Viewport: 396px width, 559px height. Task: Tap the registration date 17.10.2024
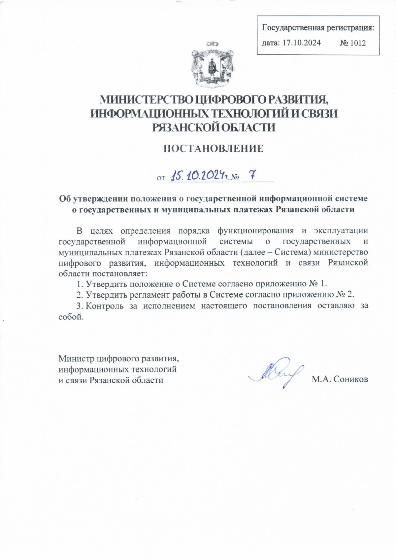point(302,43)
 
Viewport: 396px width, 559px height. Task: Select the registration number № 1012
point(352,43)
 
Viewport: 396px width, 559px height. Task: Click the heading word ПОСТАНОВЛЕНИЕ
point(214,149)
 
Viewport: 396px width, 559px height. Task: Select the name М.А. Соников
point(340,379)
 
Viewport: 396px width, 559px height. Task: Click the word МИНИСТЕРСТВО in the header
point(145,99)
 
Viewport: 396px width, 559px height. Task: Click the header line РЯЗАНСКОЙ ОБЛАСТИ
point(214,128)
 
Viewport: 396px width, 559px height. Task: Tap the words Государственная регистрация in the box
point(318,27)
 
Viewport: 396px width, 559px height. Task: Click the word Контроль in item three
point(105,306)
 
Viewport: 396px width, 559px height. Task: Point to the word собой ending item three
point(70,317)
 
